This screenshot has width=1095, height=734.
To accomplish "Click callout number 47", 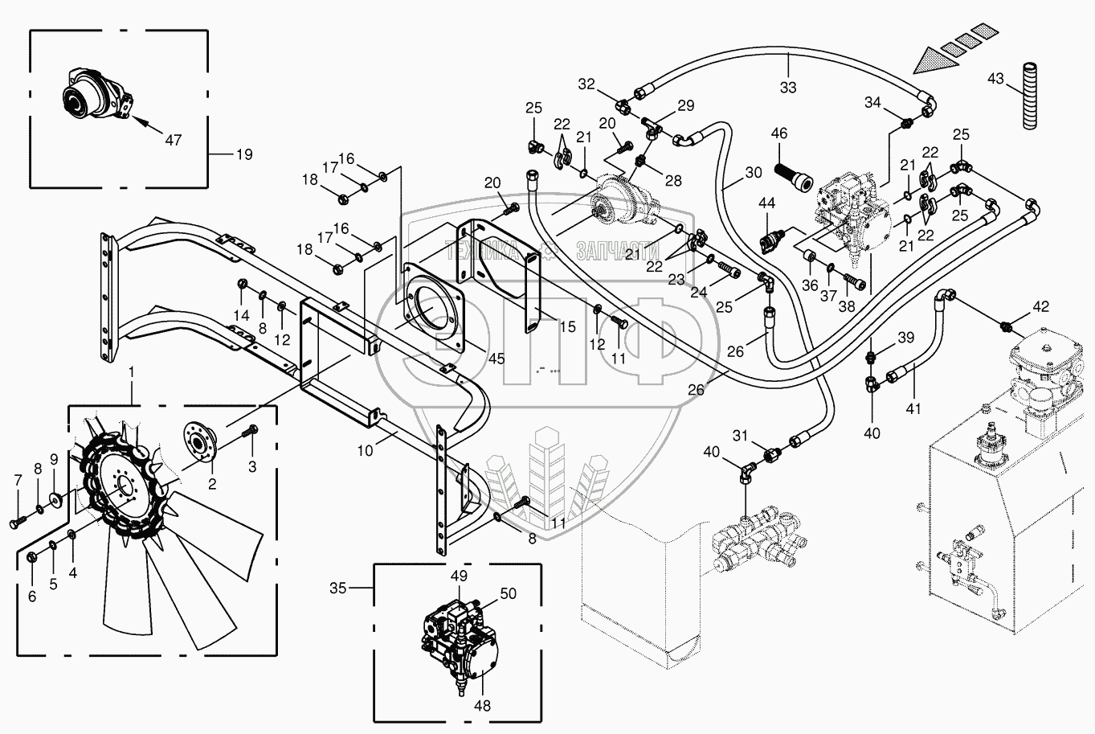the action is click(x=173, y=141).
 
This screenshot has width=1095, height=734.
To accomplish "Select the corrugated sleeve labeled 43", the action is click(x=1030, y=96).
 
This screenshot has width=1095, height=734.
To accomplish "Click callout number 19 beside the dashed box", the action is click(x=244, y=154).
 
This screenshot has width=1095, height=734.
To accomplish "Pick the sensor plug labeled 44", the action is click(x=772, y=240).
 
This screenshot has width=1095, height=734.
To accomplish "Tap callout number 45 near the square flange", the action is click(x=496, y=359).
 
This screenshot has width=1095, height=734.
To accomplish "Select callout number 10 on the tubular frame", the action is click(x=365, y=451).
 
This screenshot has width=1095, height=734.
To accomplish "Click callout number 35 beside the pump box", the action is click(x=337, y=588).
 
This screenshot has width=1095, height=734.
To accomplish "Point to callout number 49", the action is click(x=459, y=576).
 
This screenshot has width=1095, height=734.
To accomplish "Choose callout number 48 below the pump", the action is click(x=483, y=706).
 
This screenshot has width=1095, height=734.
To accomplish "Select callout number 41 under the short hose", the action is click(x=913, y=408).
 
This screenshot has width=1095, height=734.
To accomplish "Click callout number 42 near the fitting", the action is click(x=1040, y=306).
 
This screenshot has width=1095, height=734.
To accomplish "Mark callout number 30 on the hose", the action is click(x=754, y=172).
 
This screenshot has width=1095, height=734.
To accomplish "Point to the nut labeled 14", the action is click(x=242, y=284).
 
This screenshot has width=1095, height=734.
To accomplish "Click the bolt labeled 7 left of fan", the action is click(x=14, y=523).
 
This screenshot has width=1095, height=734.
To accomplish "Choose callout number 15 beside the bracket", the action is click(x=567, y=326).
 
